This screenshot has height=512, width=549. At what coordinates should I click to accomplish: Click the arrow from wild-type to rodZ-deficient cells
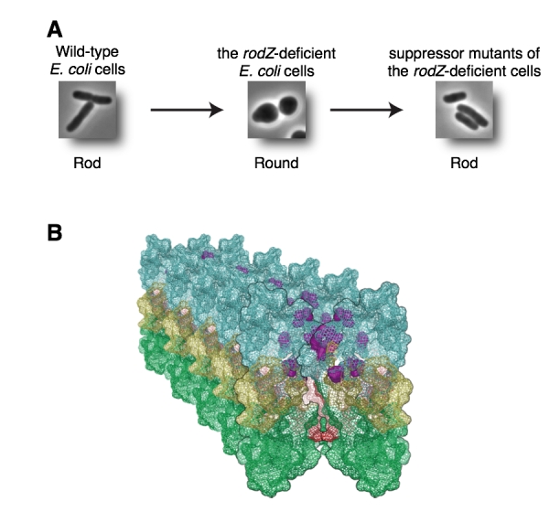coord(187,111)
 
